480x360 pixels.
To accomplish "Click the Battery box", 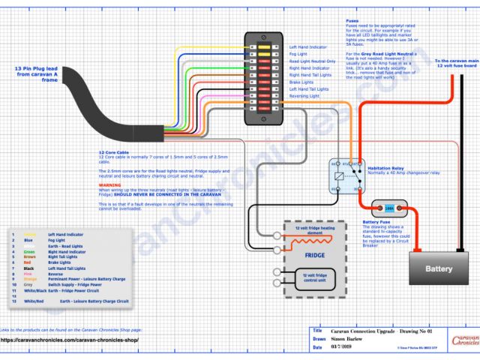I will [439, 268].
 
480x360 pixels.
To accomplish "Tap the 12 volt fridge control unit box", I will [313, 277].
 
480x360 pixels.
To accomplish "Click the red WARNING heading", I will [109, 184].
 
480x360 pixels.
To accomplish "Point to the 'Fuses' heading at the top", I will [352, 21].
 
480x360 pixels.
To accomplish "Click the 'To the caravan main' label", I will [456, 61].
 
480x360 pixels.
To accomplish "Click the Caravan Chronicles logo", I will [465, 340].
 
